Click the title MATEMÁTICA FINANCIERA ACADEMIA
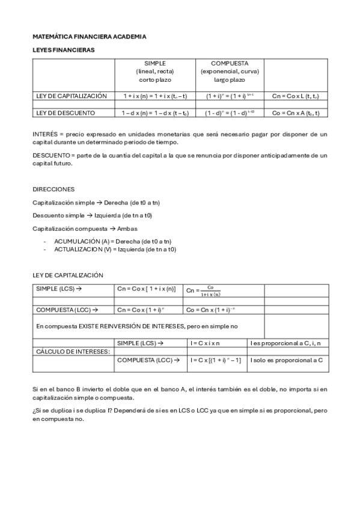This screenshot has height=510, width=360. [x=89, y=37]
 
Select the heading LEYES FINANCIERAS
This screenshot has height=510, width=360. [x=63, y=50]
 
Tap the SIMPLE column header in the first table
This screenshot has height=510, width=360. [x=155, y=63]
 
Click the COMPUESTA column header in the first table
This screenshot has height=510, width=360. [x=230, y=63]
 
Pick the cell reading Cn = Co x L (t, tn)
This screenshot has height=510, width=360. [x=295, y=96]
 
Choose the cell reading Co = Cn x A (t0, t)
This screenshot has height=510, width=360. [x=295, y=112]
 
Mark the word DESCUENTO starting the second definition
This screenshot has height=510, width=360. [x=51, y=155]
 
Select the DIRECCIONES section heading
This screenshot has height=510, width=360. [x=53, y=189]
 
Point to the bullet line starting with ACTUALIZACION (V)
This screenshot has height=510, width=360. [x=115, y=249]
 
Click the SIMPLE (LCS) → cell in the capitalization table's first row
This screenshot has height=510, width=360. [x=58, y=289]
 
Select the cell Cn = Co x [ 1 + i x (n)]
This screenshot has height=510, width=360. [x=146, y=289]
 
